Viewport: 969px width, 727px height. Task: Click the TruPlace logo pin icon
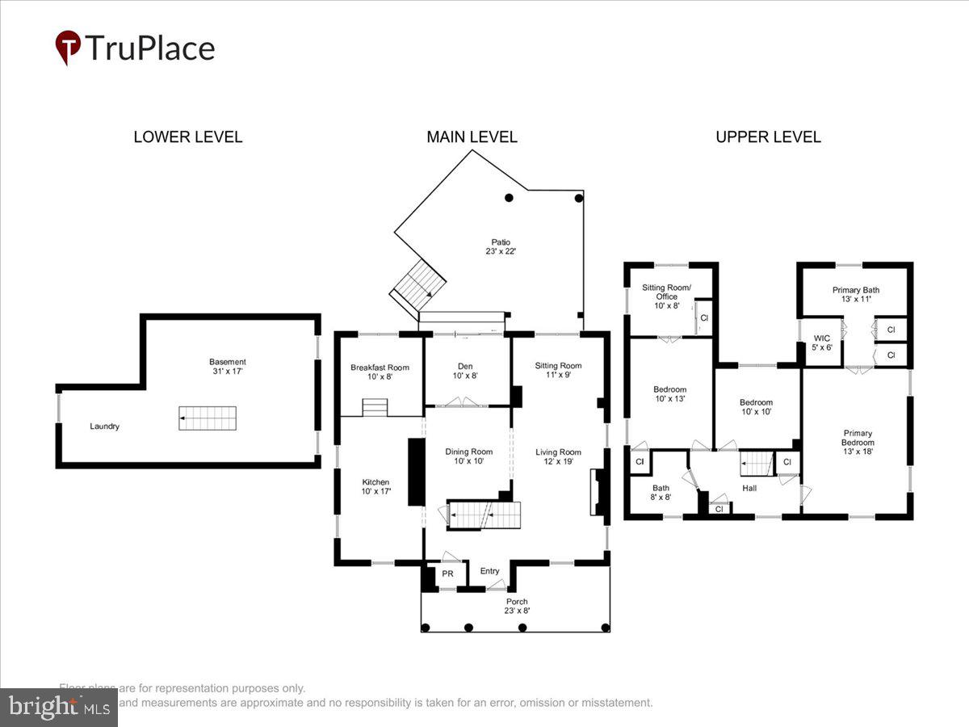[68, 46]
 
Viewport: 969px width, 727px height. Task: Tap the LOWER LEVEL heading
[187, 137]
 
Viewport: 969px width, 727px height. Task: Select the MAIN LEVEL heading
[472, 137]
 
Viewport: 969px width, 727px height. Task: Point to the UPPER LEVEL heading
[768, 137]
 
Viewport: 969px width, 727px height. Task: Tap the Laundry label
[104, 426]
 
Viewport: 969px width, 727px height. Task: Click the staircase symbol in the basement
[208, 418]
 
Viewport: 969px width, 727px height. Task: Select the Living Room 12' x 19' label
[558, 456]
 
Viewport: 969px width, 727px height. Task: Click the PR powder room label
[447, 574]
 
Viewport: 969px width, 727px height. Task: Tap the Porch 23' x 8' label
[516, 606]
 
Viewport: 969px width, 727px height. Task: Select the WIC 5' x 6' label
[822, 342]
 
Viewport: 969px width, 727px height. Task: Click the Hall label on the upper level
[749, 488]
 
